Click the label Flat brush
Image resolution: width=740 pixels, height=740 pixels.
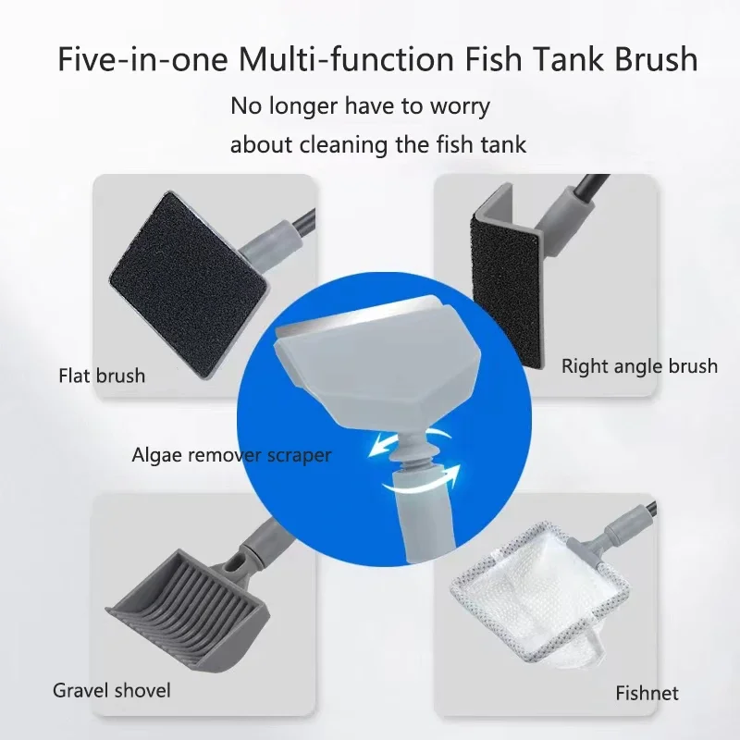(102, 376)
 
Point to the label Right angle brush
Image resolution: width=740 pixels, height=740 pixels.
(639, 366)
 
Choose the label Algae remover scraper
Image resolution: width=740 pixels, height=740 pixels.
(231, 454)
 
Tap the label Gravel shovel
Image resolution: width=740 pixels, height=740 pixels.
(112, 690)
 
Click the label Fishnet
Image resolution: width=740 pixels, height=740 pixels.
(647, 693)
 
